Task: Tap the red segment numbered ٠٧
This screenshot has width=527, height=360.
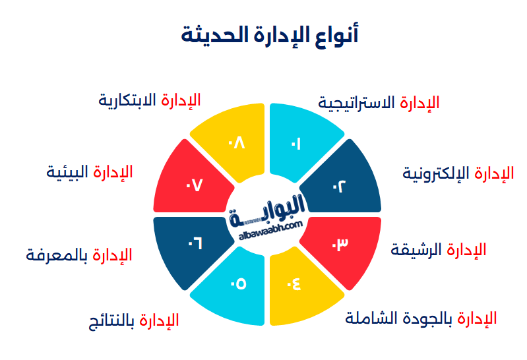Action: tap(194, 185)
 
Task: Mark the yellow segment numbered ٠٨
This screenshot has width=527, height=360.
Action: tap(236, 142)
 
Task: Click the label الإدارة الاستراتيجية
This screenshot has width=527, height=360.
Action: tap(379, 103)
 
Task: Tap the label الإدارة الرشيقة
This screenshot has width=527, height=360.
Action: tap(439, 250)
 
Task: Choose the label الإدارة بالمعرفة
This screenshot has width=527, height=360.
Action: tap(79, 255)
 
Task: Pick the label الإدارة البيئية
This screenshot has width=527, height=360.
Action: tap(90, 172)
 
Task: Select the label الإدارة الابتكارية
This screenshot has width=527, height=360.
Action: tap(150, 100)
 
